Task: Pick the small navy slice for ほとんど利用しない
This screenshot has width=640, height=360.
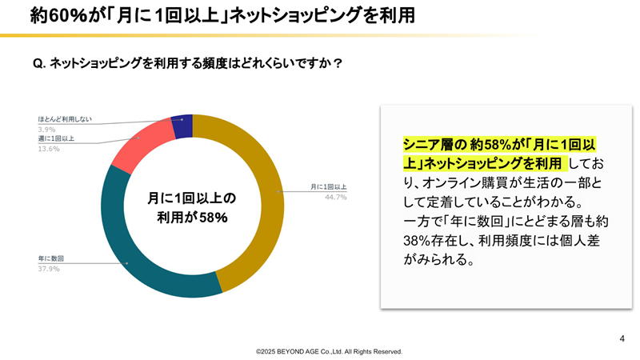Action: point(183,126)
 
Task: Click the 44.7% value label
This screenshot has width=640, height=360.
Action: point(335,197)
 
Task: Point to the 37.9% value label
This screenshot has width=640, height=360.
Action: point(48,268)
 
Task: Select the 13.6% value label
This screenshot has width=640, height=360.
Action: point(48,147)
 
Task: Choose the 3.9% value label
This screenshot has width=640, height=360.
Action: point(46,129)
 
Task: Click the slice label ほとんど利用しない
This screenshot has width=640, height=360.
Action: point(64,119)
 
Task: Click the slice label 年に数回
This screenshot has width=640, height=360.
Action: point(50,258)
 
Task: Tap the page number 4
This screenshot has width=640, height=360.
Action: point(622,338)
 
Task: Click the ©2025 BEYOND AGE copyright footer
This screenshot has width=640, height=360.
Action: point(329,351)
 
